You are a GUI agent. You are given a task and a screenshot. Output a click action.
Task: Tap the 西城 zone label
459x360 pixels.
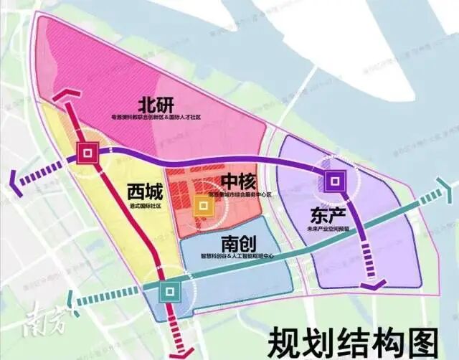[x=145, y=192]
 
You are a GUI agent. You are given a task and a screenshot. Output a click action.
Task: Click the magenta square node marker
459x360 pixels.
[x=88, y=153]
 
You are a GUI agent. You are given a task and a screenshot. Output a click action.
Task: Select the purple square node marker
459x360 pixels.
[x=335, y=181]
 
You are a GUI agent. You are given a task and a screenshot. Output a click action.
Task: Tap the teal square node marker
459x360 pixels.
[x=171, y=291]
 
